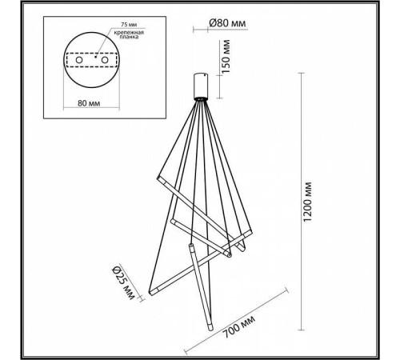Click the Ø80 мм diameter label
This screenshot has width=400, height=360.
(x=226, y=23)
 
